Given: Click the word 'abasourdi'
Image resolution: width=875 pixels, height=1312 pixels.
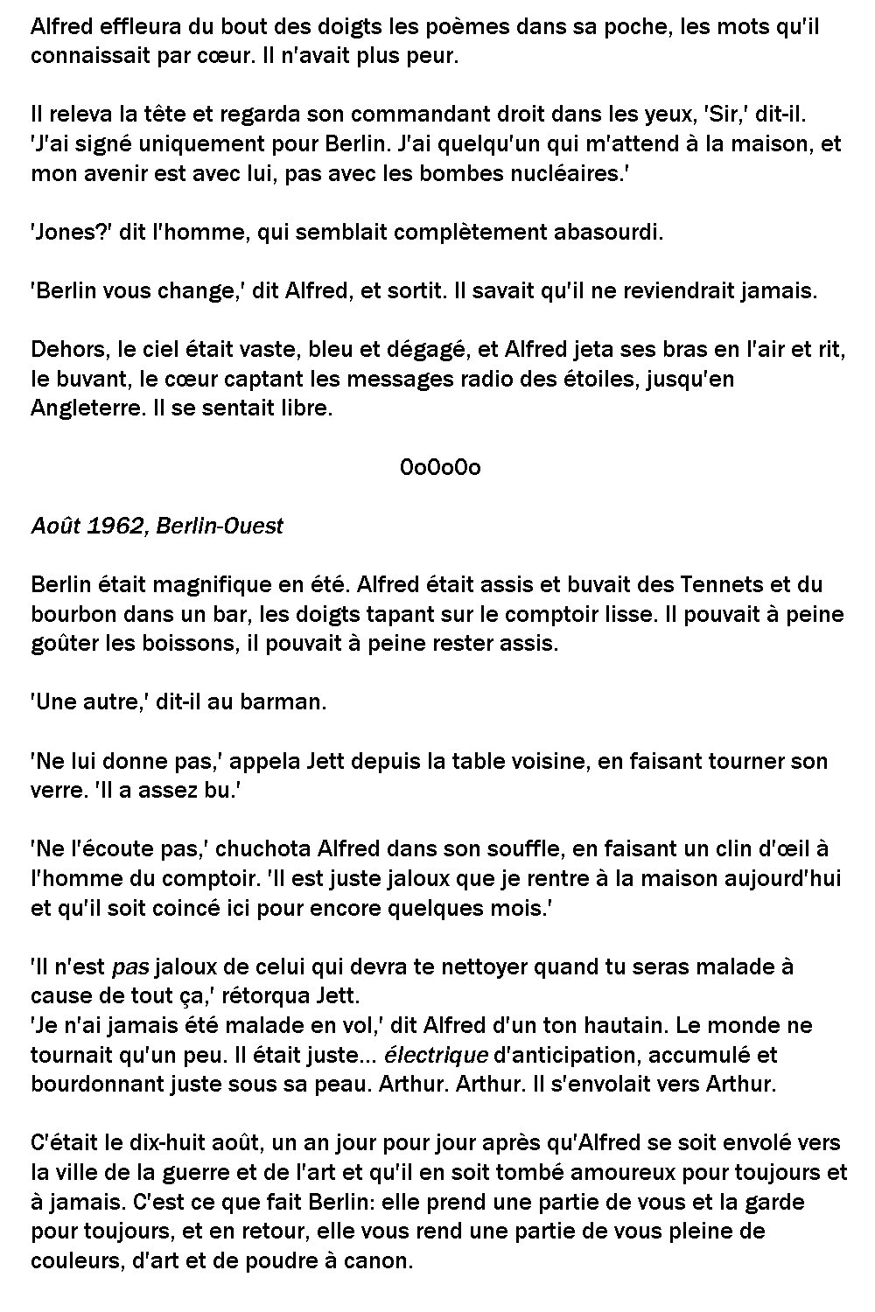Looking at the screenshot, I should (x=606, y=232).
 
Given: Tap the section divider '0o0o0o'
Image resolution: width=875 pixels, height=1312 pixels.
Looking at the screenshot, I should (x=440, y=468).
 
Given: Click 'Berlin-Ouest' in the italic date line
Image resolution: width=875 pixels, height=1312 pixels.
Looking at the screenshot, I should (x=220, y=527).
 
